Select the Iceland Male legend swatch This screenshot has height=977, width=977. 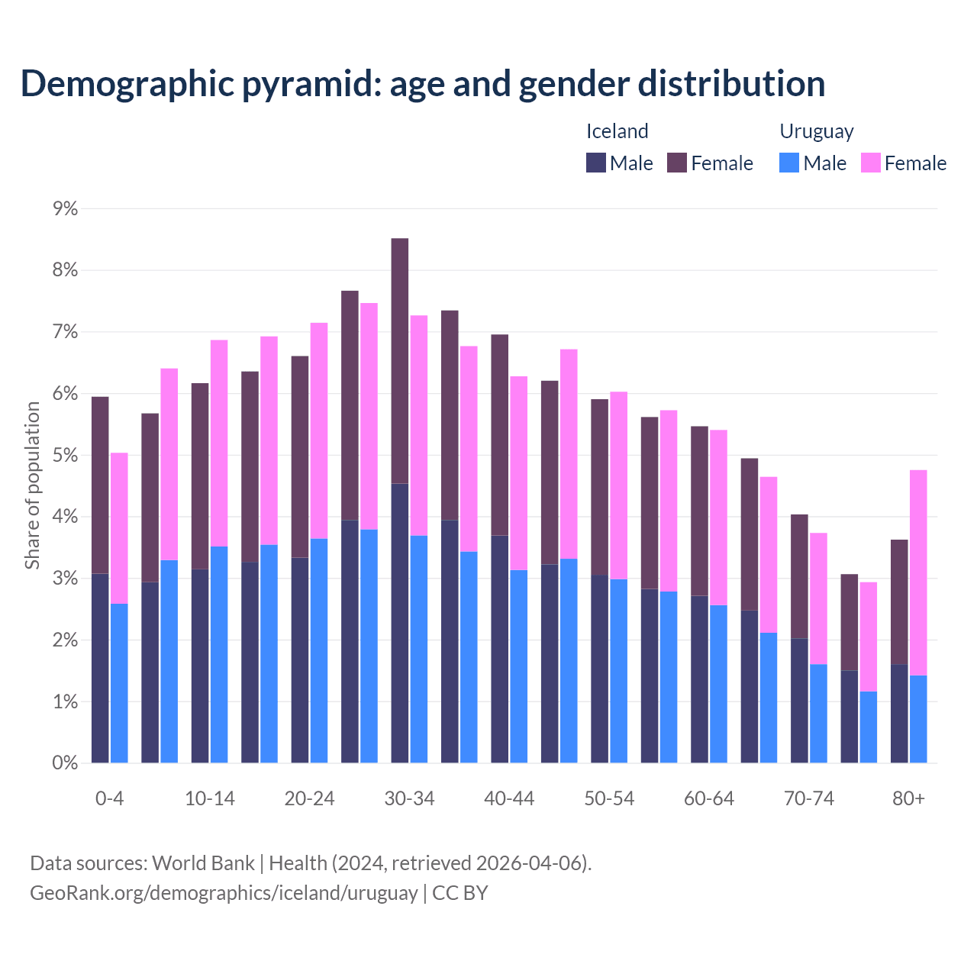pyautogui.click(x=595, y=163)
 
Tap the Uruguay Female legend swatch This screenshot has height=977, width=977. pyautogui.click(x=870, y=163)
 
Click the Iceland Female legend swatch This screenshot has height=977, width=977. pyautogui.click(x=677, y=163)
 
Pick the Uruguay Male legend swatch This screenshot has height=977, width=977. pyautogui.click(x=789, y=163)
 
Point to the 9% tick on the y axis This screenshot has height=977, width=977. pyautogui.click(x=66, y=208)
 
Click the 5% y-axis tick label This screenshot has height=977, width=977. pyautogui.click(x=66, y=456)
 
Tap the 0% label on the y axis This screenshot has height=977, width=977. pyautogui.click(x=66, y=763)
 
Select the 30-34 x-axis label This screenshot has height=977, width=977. pyautogui.click(x=409, y=798)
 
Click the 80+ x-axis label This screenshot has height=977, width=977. pyautogui.click(x=908, y=798)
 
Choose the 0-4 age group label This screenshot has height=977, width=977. pyautogui.click(x=109, y=798)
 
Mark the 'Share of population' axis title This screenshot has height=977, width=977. pyautogui.click(x=32, y=485)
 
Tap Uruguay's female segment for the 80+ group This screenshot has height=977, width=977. pyautogui.click(x=918, y=572)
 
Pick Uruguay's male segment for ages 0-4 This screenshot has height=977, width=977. pyautogui.click(x=119, y=683)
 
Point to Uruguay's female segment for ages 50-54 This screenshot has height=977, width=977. pyautogui.click(x=618, y=485)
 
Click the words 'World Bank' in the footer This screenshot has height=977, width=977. pyautogui.click(x=203, y=863)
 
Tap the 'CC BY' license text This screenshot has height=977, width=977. pyautogui.click(x=460, y=893)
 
